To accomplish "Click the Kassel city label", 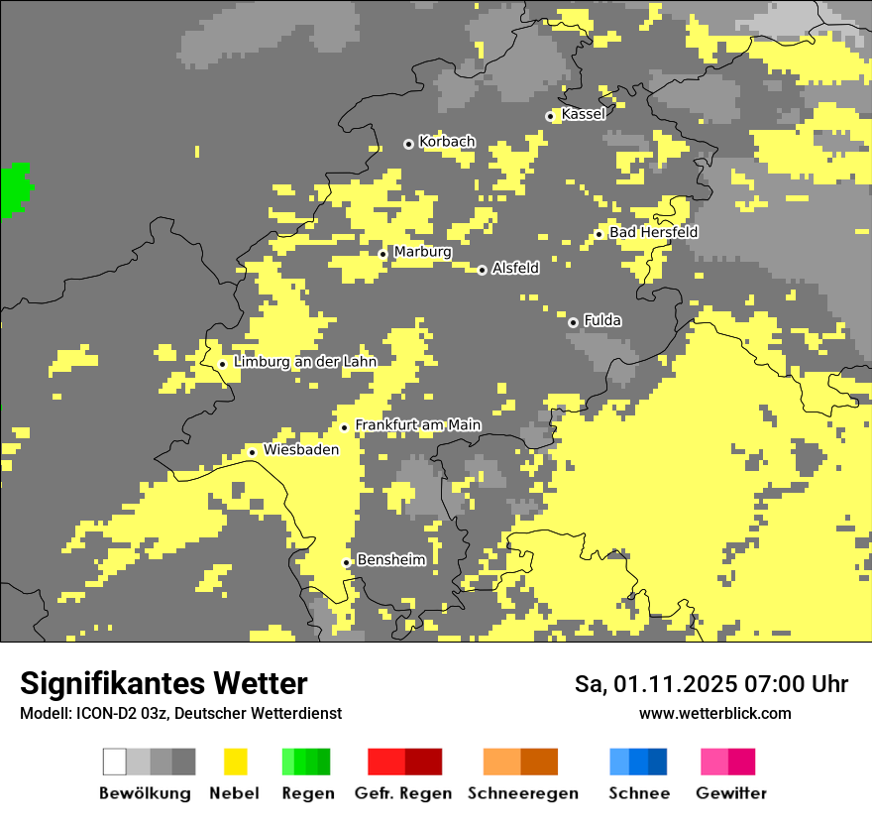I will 583,114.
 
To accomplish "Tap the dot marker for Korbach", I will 408,144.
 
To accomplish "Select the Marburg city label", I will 422,252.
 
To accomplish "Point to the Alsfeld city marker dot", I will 483,270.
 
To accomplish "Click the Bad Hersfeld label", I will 653,232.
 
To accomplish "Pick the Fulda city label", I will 601,320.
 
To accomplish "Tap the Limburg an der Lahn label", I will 304,362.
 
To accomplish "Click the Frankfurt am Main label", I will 417,425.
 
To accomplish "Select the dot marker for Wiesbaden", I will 253,452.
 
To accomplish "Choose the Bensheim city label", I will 390,560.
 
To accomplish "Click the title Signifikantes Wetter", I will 163,683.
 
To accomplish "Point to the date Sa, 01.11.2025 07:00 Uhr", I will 710,684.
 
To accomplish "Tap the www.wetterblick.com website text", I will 714,713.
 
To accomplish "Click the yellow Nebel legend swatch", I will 235,762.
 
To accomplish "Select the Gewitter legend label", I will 730,793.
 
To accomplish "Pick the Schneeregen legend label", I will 522,793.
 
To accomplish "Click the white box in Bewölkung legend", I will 115,762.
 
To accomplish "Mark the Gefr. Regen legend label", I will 402,793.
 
